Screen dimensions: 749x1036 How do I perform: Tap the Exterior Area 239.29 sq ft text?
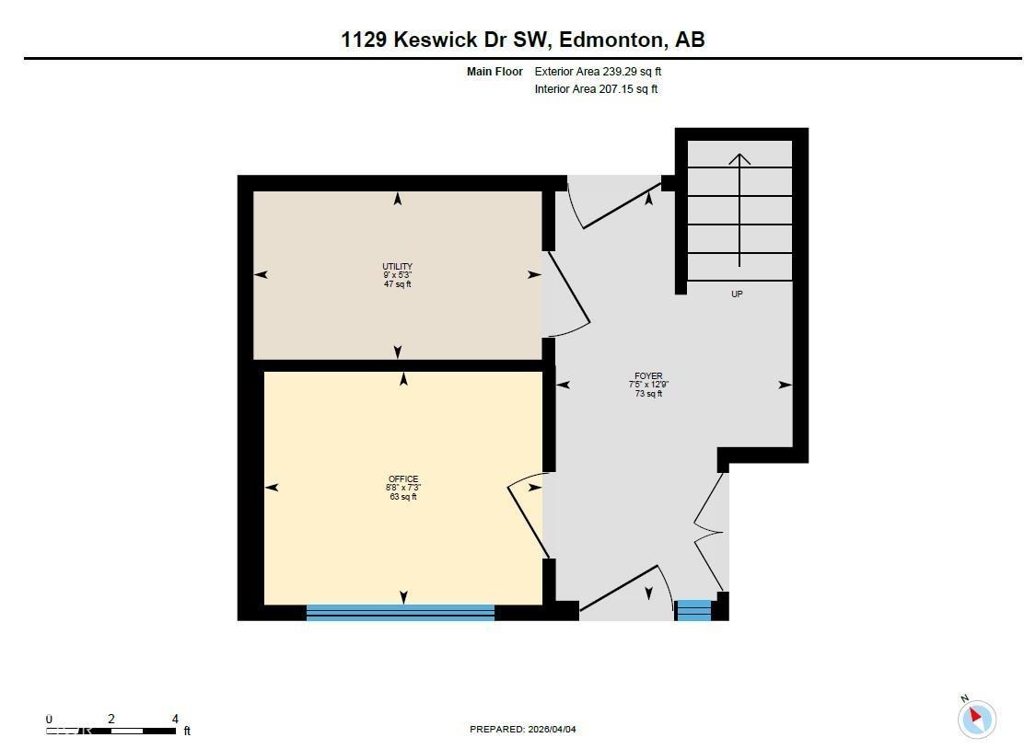point(598,71)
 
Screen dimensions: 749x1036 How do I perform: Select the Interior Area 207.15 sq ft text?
point(596,89)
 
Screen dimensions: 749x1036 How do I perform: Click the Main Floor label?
point(495,71)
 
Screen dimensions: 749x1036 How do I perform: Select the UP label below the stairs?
point(737,294)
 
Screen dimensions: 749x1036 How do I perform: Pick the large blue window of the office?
point(400,612)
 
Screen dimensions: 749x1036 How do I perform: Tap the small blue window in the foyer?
point(694,610)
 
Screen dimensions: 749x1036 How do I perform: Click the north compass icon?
point(976,718)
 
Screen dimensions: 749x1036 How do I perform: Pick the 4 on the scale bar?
point(175,719)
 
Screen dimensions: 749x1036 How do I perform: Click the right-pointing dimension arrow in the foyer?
point(785,385)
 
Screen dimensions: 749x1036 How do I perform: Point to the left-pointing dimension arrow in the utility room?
point(261,274)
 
